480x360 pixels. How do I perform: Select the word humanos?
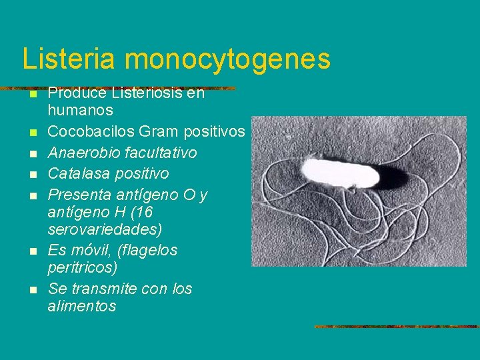(81, 110)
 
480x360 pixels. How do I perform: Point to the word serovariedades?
(105, 229)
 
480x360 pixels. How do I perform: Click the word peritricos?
(82, 267)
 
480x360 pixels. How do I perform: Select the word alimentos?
(82, 306)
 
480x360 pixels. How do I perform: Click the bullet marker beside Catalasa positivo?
(33, 175)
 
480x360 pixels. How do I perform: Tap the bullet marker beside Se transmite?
(33, 290)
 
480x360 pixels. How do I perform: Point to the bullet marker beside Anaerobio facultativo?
(33, 154)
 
